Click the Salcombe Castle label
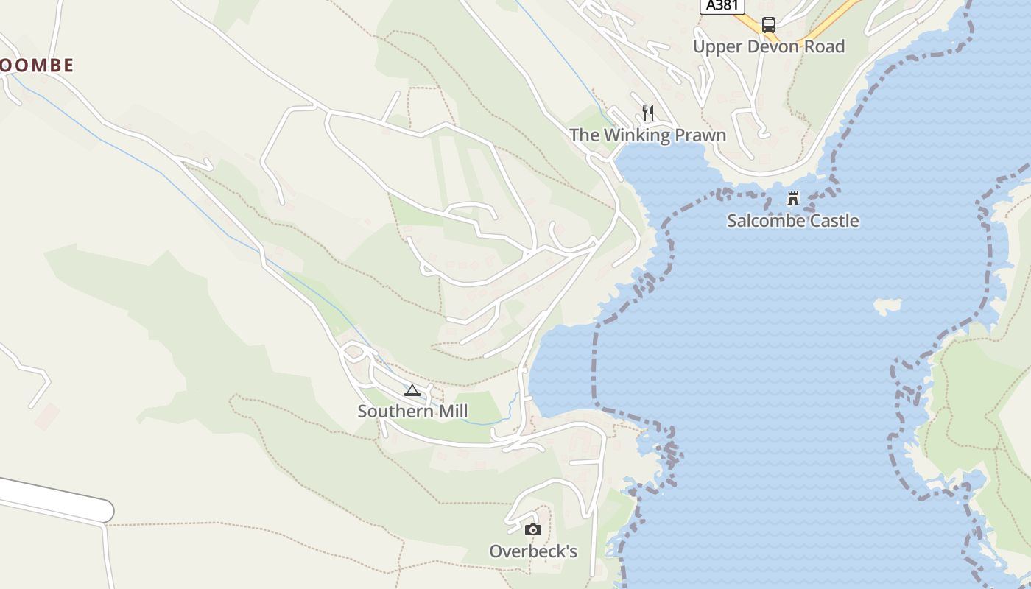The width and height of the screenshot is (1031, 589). click(792, 221)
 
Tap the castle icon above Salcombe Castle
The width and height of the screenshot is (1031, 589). click(793, 198)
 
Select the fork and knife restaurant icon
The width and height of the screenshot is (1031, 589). click(648, 113)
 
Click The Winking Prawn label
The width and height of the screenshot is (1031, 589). click(647, 135)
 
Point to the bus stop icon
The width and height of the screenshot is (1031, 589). click(769, 24)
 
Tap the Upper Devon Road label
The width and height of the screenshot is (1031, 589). click(768, 46)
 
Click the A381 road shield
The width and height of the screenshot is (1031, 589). click(722, 6)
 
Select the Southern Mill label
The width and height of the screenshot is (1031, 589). click(412, 411)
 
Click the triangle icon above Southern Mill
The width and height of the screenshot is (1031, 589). click(412, 390)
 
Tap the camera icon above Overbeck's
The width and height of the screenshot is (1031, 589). click(533, 529)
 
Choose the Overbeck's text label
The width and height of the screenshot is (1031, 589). click(533, 551)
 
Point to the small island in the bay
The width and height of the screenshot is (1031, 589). click(887, 305)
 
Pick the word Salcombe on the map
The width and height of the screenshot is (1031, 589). click(761, 221)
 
